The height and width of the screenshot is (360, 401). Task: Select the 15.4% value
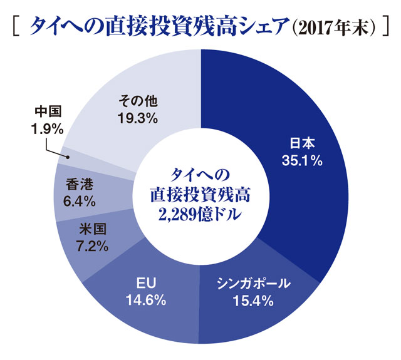(x=255, y=301)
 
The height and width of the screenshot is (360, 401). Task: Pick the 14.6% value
(x=144, y=300)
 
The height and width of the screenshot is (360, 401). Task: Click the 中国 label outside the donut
(x=47, y=112)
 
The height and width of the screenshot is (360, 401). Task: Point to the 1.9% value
(x=47, y=128)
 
